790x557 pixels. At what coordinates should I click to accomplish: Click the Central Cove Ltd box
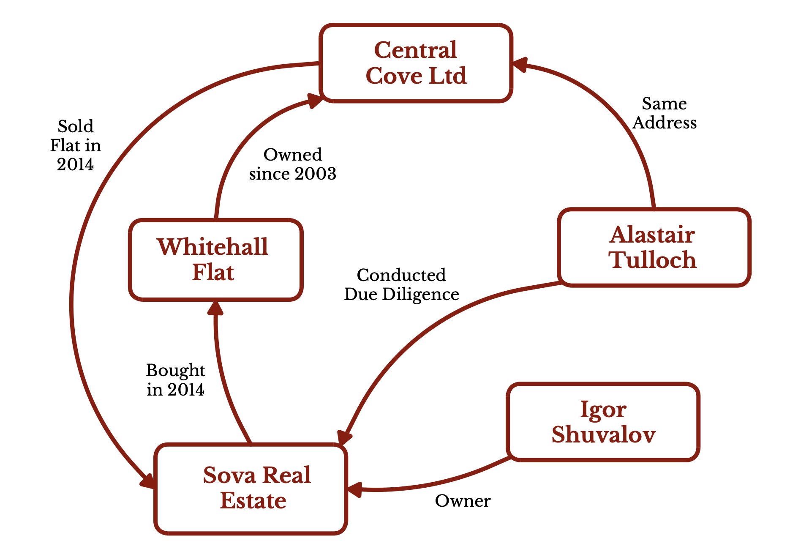click(x=416, y=63)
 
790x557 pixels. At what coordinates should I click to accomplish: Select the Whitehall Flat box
click(x=215, y=259)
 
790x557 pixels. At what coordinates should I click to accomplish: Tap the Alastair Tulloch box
click(x=654, y=247)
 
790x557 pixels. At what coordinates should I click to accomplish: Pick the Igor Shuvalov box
click(x=603, y=422)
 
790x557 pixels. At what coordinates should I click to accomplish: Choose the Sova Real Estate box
click(x=251, y=488)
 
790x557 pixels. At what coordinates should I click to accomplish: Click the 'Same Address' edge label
click(x=665, y=113)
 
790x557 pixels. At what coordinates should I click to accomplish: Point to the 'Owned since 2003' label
click(x=292, y=164)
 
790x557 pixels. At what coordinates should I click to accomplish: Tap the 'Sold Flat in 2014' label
click(x=76, y=145)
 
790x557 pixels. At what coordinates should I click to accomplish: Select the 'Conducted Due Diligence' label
click(x=401, y=284)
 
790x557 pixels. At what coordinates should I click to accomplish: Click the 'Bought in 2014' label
click(x=175, y=380)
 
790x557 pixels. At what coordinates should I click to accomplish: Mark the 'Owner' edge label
click(x=463, y=501)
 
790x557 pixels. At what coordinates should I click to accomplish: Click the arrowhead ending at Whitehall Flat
click(x=215, y=309)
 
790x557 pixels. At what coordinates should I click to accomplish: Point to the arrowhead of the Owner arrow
click(x=354, y=490)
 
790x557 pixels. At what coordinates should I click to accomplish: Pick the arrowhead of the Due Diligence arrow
click(x=344, y=437)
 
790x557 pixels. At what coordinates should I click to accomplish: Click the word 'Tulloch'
click(x=652, y=259)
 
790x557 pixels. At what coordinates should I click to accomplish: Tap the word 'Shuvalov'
click(x=603, y=434)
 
